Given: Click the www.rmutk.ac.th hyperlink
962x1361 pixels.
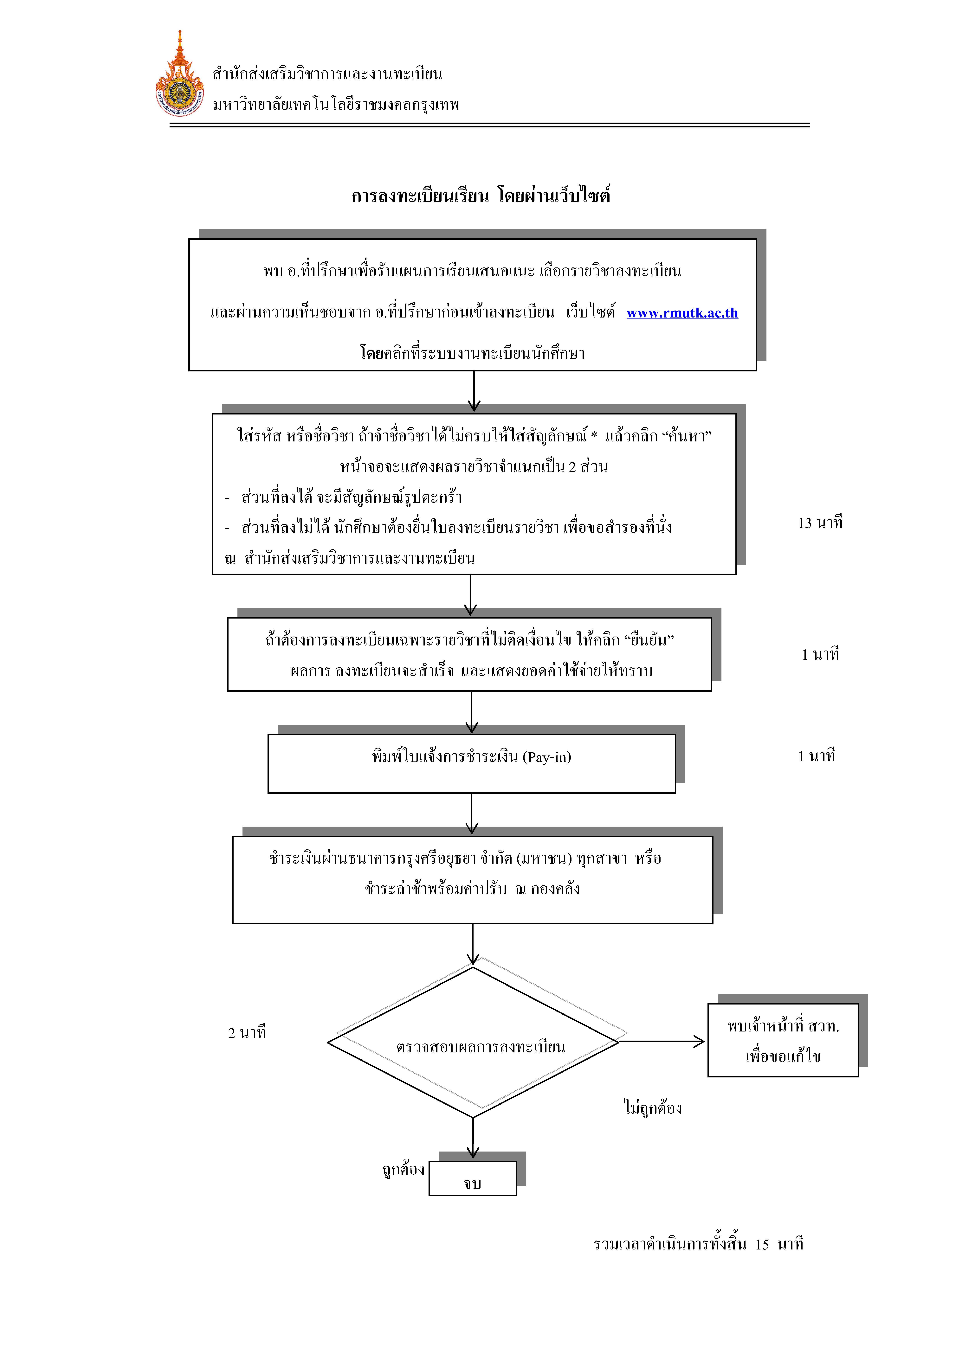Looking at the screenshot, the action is tap(682, 313).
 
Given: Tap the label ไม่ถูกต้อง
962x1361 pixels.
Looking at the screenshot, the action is tap(653, 1107).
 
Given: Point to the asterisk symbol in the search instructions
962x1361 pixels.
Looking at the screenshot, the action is tap(594, 436).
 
